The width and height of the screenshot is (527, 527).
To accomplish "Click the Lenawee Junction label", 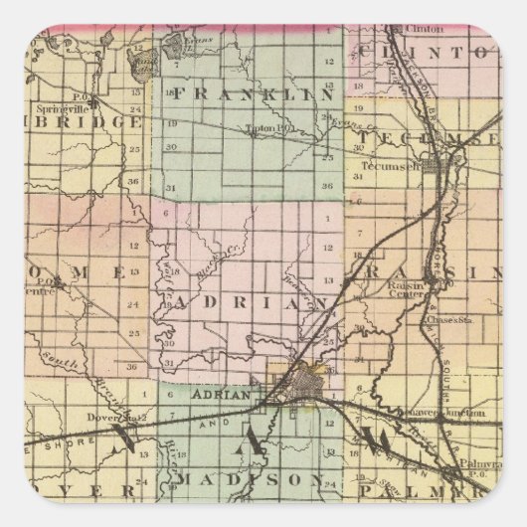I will click(449, 411).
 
